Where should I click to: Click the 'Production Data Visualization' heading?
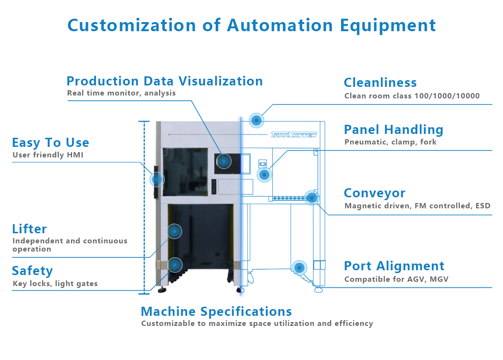coord(164,81)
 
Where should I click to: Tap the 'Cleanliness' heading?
coord(380,83)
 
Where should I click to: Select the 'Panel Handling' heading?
coord(393,130)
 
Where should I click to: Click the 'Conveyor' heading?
coord(374,193)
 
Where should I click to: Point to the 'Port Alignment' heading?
coord(394,266)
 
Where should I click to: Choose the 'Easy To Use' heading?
coord(50,143)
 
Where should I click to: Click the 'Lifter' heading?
coord(29,228)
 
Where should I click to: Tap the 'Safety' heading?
coord(32,271)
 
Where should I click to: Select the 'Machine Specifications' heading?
coord(216,311)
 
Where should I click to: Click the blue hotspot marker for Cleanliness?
coord(257,120)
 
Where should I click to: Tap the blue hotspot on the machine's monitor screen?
coord(223,162)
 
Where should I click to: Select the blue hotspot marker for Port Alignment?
coord(299,267)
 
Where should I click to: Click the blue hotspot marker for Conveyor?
coord(311,197)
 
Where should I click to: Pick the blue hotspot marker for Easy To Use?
coord(157,180)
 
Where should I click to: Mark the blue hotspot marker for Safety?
coord(175,265)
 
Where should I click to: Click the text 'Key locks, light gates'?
coord(55,284)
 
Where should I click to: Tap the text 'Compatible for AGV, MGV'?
coord(396,279)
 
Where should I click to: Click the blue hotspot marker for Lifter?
coord(174,231)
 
